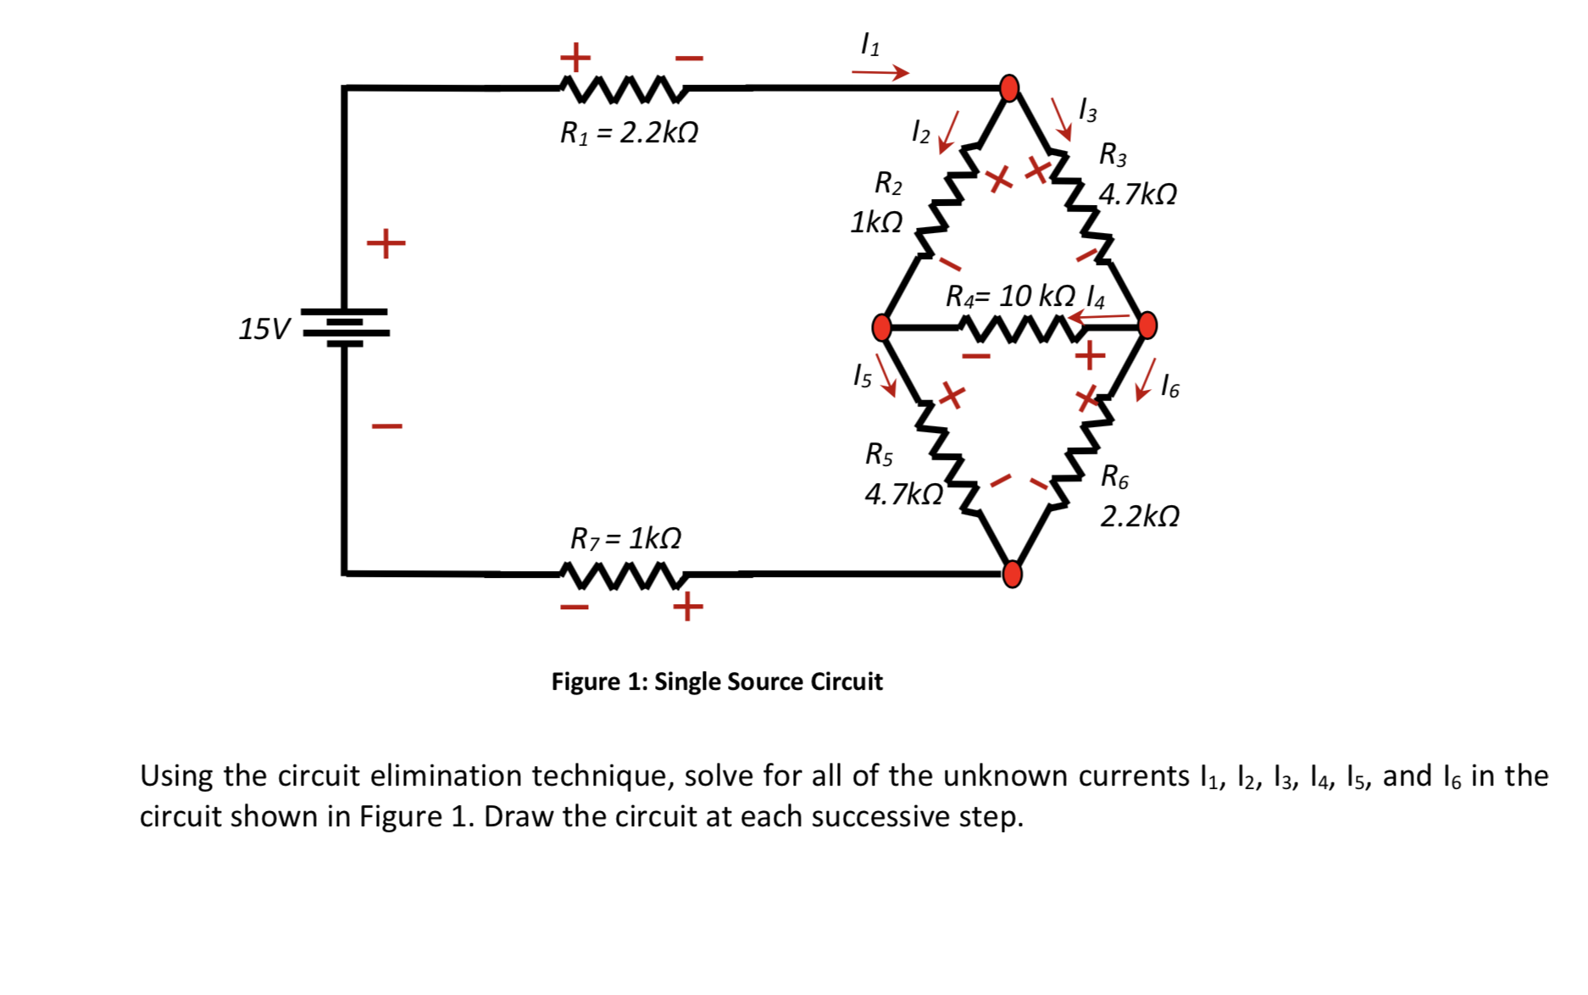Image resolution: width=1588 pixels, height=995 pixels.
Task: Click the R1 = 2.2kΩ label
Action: click(629, 134)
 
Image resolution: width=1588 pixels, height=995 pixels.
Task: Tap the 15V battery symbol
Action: click(346, 327)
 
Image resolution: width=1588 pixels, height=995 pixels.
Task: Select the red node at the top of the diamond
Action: click(1009, 87)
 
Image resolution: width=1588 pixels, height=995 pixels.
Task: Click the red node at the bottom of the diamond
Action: click(1012, 574)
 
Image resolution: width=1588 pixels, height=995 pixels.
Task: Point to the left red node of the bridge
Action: click(882, 326)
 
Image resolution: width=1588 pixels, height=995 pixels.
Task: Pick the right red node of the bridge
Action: click(1147, 325)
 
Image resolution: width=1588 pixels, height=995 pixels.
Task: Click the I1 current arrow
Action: click(880, 73)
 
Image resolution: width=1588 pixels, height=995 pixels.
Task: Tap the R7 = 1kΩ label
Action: click(625, 538)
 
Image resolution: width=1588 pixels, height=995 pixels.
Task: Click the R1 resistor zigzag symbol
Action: click(623, 87)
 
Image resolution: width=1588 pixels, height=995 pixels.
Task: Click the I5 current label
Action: click(862, 375)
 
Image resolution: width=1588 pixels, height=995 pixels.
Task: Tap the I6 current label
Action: click(1169, 386)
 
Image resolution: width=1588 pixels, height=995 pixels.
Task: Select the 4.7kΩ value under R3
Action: click(1138, 195)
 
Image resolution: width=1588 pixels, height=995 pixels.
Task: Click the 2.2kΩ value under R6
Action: click(1140, 516)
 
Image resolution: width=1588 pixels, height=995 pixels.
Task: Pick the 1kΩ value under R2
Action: click(876, 222)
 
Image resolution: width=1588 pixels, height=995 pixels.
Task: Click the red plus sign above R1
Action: click(575, 58)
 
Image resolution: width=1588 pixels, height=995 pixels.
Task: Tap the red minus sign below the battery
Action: click(386, 425)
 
